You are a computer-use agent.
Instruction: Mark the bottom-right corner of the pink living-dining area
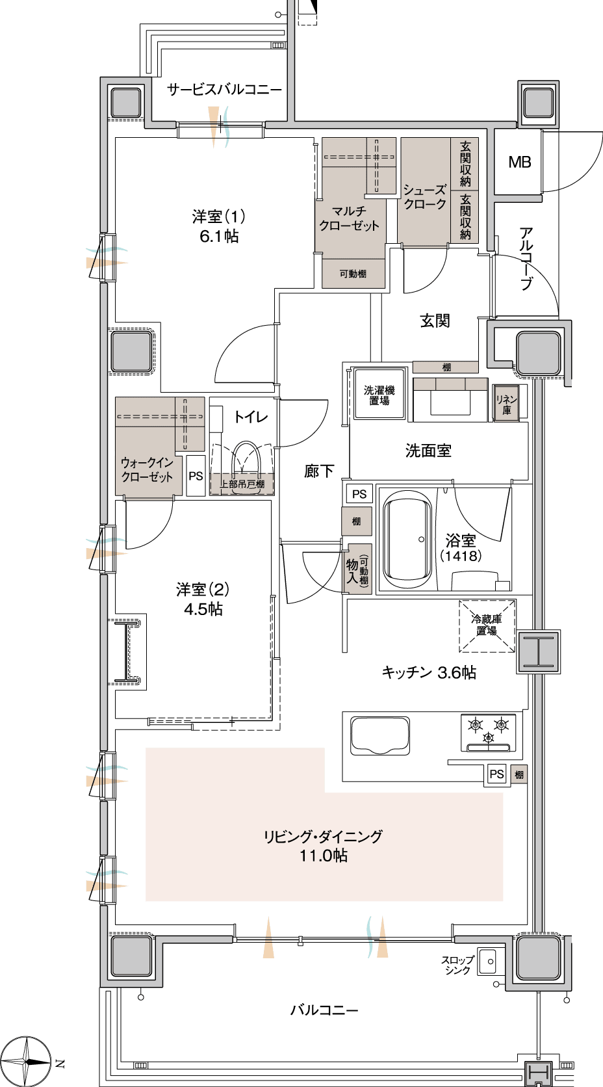tap(502, 900)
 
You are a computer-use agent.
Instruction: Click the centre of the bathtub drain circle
tap(421, 539)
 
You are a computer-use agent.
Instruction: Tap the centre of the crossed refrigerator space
tap(487, 626)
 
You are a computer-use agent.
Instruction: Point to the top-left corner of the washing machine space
tap(354, 369)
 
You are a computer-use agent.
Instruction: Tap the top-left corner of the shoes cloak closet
tap(401, 138)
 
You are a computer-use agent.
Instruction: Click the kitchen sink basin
tap(380, 736)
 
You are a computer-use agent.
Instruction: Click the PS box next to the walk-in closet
tap(196, 476)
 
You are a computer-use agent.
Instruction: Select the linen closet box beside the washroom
tap(506, 403)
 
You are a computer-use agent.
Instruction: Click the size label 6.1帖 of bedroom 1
tap(219, 237)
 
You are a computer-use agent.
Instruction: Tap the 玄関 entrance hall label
tap(435, 321)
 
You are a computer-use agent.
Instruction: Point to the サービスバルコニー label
tap(224, 90)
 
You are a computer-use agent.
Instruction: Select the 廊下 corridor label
tap(319, 471)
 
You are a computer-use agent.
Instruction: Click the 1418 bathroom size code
tap(461, 556)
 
